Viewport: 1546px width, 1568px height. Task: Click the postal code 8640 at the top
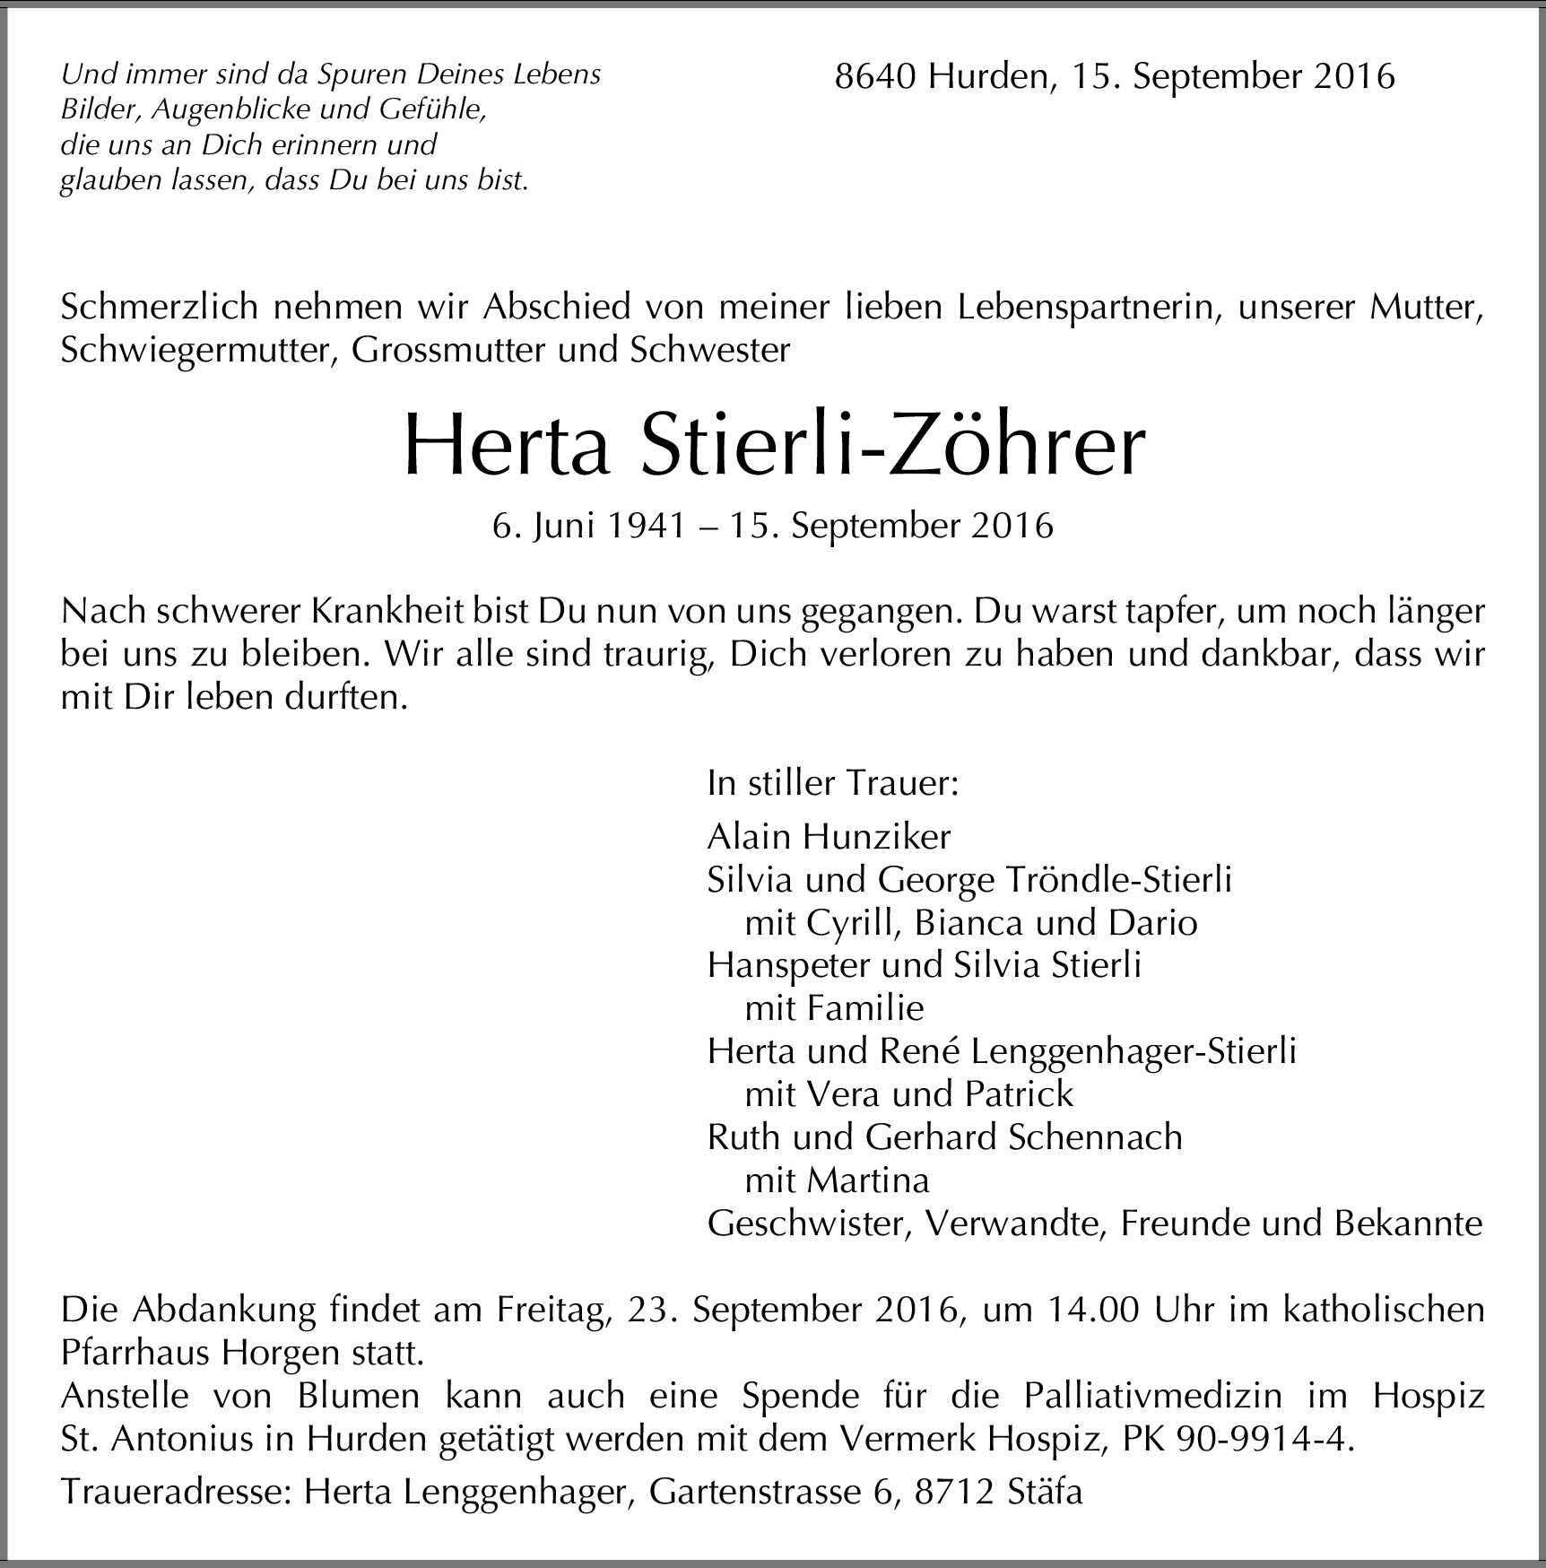876,77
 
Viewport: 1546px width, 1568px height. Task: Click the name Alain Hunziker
829,837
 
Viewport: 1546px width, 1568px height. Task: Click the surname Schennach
1095,1137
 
